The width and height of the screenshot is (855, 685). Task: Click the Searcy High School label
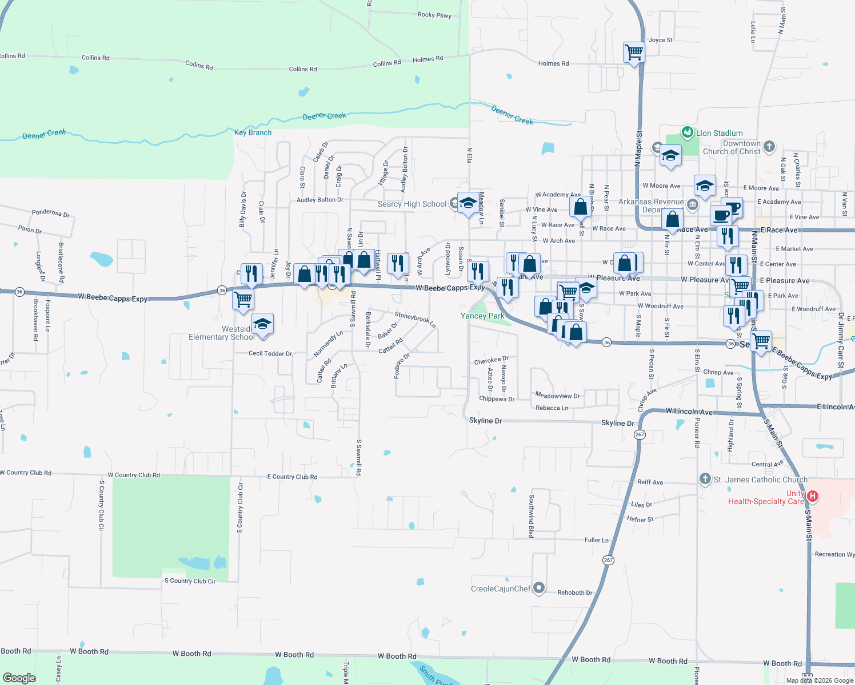[x=411, y=204]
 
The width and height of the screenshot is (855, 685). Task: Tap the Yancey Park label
[x=482, y=316]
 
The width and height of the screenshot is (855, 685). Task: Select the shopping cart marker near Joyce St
[x=634, y=53]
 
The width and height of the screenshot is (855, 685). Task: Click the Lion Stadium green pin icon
[x=687, y=133]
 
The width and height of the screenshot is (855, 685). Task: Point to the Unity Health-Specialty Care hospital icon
[x=812, y=497]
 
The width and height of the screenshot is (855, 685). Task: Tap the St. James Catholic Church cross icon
[x=705, y=479]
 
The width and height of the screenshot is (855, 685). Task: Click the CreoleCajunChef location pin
[x=538, y=588]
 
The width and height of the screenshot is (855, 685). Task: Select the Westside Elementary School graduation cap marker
[x=262, y=324]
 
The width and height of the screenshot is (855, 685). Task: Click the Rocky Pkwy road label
[x=434, y=15]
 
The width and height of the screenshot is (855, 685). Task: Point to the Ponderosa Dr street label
[x=51, y=213]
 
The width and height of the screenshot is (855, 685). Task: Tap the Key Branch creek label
[x=253, y=132]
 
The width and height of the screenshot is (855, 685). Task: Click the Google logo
[x=19, y=678]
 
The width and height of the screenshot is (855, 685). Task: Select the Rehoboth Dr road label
[x=575, y=593]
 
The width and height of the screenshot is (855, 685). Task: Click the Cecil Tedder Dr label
[x=270, y=353]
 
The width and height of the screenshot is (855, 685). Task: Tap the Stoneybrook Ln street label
[x=415, y=320]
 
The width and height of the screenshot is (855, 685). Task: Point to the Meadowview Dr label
[x=557, y=396]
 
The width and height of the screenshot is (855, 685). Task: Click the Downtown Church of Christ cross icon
[x=769, y=146]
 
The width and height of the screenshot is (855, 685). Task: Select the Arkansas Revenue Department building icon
[x=693, y=204]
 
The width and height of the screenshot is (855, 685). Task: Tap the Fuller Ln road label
[x=597, y=540]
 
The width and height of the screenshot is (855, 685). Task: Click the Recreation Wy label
[x=834, y=554]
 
